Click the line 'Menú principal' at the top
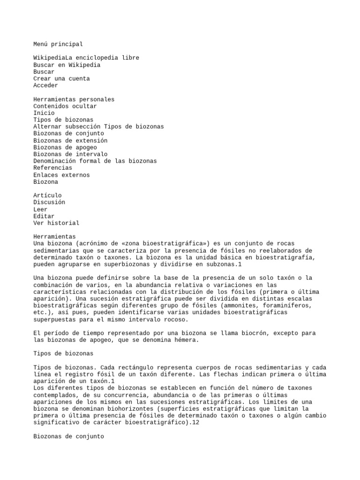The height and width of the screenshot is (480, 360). point(58,44)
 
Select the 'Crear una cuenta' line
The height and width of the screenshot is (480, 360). point(61,79)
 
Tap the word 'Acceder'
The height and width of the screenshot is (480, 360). point(45,85)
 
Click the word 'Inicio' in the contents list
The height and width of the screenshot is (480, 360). point(44,113)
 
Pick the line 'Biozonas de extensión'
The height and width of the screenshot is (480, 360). point(70,141)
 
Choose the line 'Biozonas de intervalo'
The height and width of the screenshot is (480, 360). point(70,154)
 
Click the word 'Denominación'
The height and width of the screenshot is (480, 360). point(54,161)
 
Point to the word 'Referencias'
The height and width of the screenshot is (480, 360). point(52,168)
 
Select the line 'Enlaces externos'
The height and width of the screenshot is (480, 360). point(61,175)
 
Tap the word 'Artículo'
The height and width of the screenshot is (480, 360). point(47,195)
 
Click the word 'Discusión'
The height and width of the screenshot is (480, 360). point(49,202)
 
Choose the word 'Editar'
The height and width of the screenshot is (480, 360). point(44,216)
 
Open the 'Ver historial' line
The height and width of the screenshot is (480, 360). point(56,223)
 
